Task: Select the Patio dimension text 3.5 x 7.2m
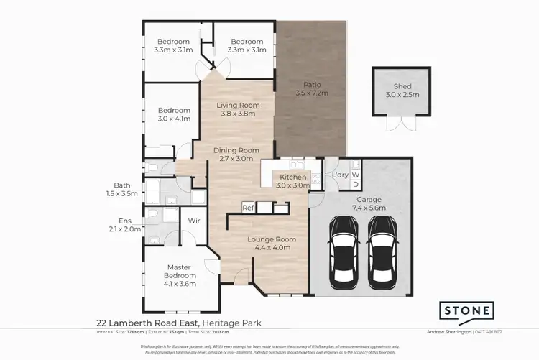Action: pyautogui.click(x=311, y=93)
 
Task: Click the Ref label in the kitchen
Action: pyautogui.click(x=248, y=208)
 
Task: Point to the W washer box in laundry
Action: pyautogui.click(x=356, y=175)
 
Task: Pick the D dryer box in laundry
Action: pyautogui.click(x=356, y=185)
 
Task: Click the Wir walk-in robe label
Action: pyautogui.click(x=193, y=221)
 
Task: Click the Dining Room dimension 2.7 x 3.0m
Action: pyautogui.click(x=234, y=159)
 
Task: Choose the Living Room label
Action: pyautogui.click(x=238, y=105)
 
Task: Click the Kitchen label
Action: pyautogui.click(x=292, y=177)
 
